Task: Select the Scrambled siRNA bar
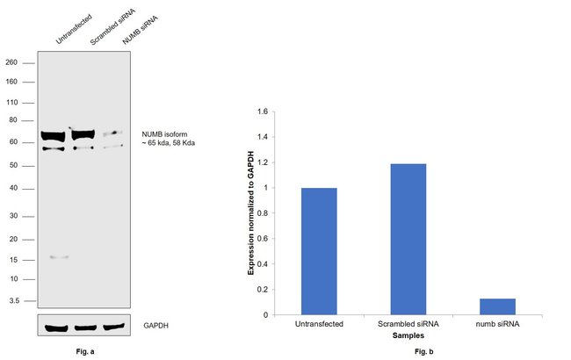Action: point(408,239)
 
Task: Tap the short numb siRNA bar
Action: point(497,306)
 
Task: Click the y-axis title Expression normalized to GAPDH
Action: point(250,213)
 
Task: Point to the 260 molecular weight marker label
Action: point(11,62)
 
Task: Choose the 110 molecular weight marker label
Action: point(11,103)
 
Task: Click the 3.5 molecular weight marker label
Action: point(13,299)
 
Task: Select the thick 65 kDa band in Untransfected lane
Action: point(54,136)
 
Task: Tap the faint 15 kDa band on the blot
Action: point(59,257)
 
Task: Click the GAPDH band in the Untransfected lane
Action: point(55,328)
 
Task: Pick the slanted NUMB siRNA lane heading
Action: point(121,34)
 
